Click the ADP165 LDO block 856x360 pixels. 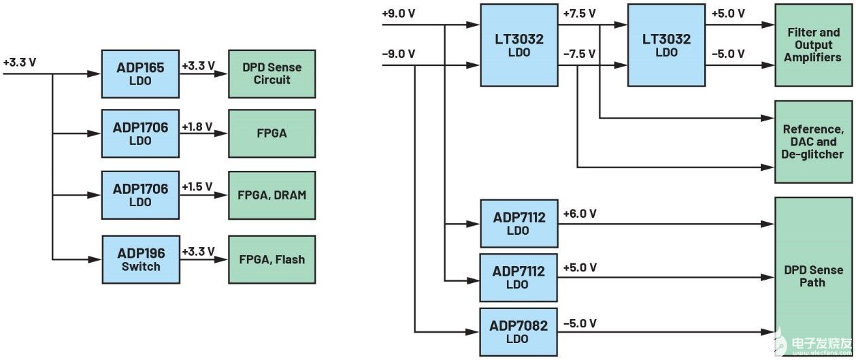click(139, 73)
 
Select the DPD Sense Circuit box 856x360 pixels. click(271, 73)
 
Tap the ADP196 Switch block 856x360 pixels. click(141, 259)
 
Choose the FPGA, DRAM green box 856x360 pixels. click(271, 195)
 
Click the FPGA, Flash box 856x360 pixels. click(271, 259)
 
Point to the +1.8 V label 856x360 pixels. click(197, 126)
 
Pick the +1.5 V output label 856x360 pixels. click(197, 186)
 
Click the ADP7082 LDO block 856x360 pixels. click(518, 331)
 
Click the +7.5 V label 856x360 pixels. click(580, 14)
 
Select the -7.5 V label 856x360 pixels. click(580, 52)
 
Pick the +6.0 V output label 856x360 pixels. click(580, 214)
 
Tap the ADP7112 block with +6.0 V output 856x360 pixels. click(518, 223)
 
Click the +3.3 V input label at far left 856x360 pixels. click(20, 62)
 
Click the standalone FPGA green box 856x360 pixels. click(271, 133)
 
